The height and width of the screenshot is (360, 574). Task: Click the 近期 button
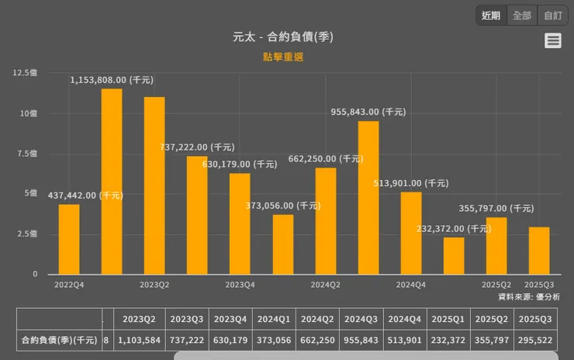point(491,16)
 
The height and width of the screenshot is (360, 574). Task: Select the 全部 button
point(522,16)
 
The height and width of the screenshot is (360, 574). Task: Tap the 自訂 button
point(553,16)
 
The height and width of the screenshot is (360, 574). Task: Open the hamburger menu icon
point(553,41)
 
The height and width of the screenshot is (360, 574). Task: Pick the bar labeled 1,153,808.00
point(112,182)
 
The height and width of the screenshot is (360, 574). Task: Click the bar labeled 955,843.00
point(368,198)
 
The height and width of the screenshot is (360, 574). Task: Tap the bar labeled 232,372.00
point(454,256)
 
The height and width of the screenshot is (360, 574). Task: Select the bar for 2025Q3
point(539,251)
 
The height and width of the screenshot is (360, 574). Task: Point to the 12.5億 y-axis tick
point(24,73)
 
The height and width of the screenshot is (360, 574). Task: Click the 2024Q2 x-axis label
point(325,285)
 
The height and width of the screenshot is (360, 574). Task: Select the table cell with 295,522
point(535,340)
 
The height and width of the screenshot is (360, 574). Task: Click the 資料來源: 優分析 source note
point(528,296)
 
